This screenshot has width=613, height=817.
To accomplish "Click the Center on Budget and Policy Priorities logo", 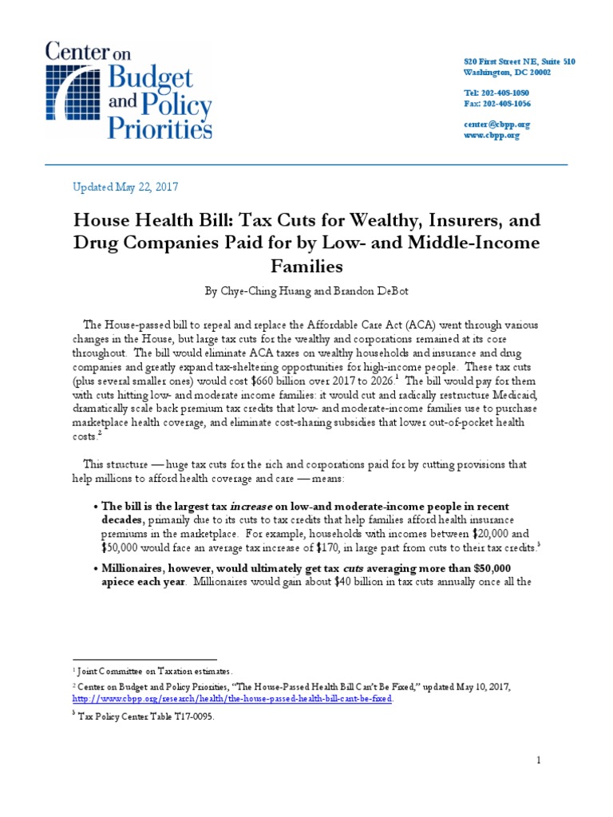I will [x=128, y=91].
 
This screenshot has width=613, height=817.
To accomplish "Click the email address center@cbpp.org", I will [x=497, y=124].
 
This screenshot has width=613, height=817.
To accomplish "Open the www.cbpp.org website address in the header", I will [x=492, y=136].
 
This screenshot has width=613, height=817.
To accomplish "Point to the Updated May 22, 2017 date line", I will [x=125, y=187].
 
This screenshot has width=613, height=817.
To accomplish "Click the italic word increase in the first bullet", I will [x=255, y=507].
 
